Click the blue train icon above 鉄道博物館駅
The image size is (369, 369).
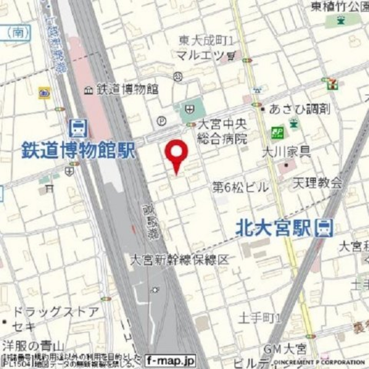78,128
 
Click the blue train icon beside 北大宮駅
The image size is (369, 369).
325,228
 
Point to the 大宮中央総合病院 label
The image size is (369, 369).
222,132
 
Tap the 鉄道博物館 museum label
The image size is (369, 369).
127,89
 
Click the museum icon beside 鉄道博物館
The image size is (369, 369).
89,90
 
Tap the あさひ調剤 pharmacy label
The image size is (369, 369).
300,109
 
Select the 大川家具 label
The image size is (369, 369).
286,151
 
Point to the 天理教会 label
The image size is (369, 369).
318,183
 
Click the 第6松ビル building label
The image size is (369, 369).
241,187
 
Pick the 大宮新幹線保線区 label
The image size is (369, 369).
180,260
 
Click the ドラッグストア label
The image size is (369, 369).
55,312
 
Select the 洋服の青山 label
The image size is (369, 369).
33,346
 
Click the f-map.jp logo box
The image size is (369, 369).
170,360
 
